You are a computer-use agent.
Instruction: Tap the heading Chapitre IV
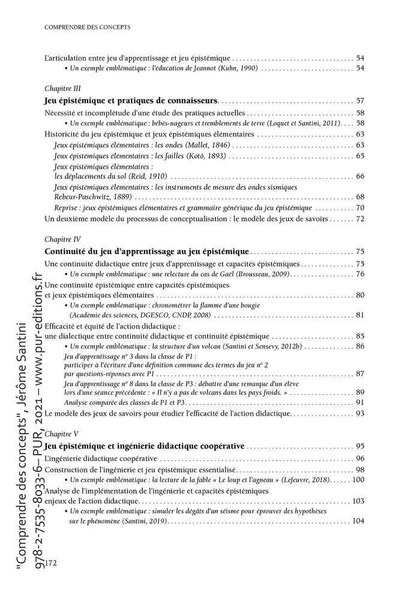62,238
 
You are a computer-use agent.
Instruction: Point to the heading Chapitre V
61,432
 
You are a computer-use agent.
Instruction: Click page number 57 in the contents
360,100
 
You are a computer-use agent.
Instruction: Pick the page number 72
360,219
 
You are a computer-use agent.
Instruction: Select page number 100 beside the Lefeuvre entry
358,479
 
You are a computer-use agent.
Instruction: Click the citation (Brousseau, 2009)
258,273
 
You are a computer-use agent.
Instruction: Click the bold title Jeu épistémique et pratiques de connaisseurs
131,100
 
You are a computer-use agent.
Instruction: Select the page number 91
360,402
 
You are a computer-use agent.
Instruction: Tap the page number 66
360,177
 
